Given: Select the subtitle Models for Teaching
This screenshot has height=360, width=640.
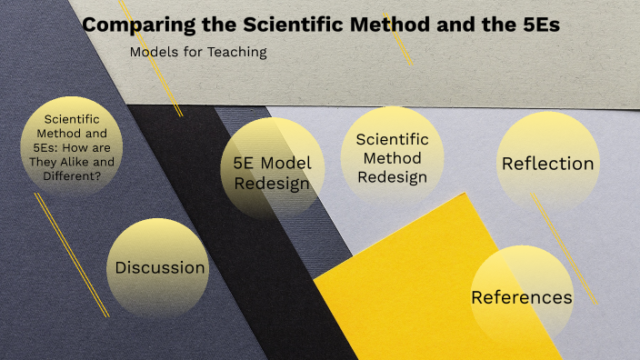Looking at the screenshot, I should click(x=198, y=52).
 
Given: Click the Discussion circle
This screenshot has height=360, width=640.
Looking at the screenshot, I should click(x=160, y=267).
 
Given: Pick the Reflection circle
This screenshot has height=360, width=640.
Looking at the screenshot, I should click(x=547, y=164).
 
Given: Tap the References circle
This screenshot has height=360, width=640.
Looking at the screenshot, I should click(x=521, y=296).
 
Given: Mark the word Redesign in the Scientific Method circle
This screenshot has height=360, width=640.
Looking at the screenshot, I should click(x=392, y=177).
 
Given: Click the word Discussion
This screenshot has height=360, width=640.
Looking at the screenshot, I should click(x=160, y=267).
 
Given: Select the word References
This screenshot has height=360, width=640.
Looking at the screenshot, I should click(x=521, y=297).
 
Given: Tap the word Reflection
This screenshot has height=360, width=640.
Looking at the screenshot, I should click(x=547, y=164).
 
